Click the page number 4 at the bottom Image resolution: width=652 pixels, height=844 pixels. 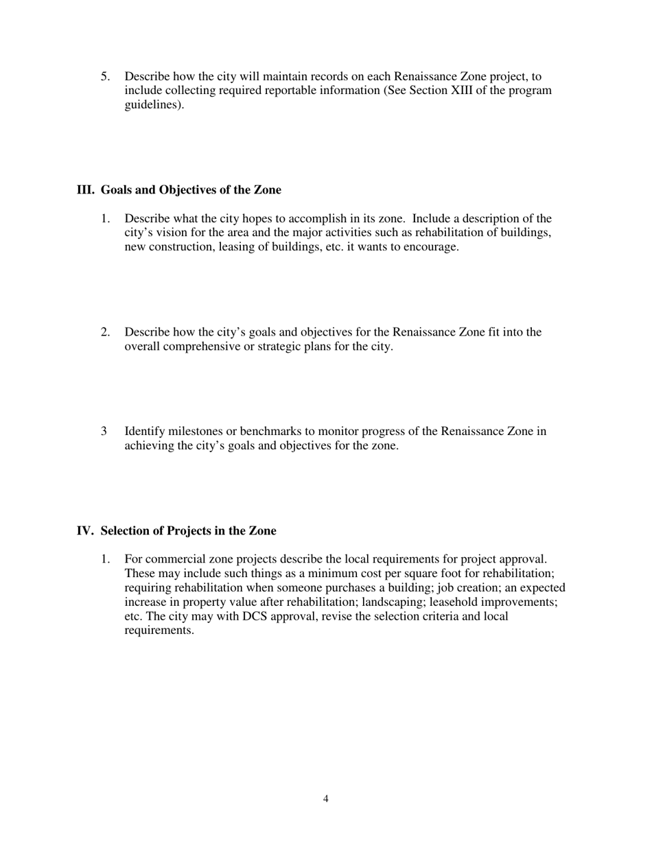tap(325, 799)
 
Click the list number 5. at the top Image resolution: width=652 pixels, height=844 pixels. tap(105, 76)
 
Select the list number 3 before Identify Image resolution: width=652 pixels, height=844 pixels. tap(104, 432)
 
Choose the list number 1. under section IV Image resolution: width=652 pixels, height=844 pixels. tap(105, 559)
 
